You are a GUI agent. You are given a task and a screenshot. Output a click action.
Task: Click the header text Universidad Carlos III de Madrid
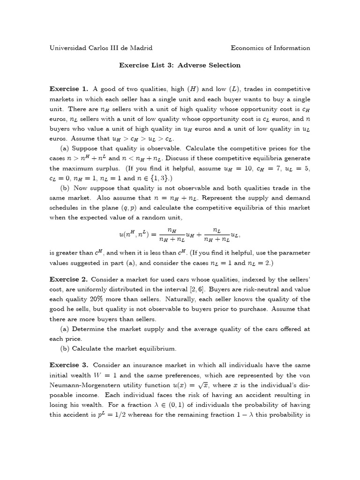[101, 48]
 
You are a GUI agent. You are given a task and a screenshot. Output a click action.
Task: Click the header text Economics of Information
[270, 48]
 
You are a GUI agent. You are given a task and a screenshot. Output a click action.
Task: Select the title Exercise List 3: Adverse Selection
[180, 65]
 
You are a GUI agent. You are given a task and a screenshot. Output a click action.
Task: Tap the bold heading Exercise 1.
[68, 89]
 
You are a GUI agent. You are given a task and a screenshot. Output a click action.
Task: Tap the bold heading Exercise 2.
[68, 279]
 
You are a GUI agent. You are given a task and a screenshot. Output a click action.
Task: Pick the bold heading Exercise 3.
[68, 365]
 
